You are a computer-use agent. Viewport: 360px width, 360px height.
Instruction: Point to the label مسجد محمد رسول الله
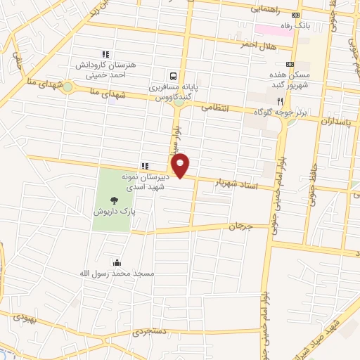pos(120,273)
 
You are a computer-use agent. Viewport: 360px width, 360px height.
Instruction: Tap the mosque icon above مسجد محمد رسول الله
pos(117,262)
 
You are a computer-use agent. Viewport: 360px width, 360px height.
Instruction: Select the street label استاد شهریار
pos(238,183)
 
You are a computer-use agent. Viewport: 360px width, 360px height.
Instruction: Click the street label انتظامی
pos(216,108)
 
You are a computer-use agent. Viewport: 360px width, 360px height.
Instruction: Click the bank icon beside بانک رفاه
pos(296,15)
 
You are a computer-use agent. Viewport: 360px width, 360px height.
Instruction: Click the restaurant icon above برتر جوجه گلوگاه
pos(300,101)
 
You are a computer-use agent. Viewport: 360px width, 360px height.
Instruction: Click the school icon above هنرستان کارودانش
pos(105,53)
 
